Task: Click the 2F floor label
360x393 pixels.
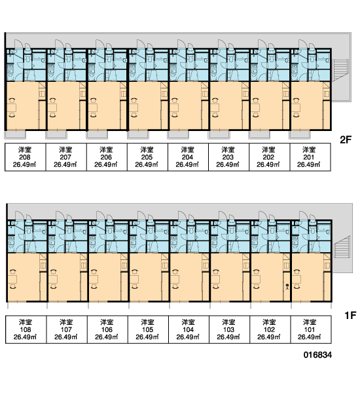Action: (346, 140)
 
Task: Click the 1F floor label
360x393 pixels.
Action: (350, 315)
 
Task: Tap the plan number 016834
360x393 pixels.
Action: (317, 354)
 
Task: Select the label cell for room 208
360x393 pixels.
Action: (26, 157)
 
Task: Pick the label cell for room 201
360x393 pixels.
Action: (310, 157)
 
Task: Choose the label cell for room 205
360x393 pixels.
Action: (147, 157)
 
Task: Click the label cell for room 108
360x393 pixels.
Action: (26, 329)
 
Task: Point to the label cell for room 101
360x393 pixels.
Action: (311, 329)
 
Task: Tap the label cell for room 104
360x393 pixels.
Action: (189, 329)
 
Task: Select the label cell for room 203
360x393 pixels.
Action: (228, 157)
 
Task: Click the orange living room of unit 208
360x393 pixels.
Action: (22, 105)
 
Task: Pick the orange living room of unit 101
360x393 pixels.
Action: (308, 277)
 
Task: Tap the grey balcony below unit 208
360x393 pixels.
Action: (15, 135)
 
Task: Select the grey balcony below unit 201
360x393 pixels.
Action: (300, 135)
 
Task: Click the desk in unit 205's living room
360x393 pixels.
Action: (134, 108)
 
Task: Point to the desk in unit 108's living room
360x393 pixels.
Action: (12, 279)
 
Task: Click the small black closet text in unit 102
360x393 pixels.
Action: (287, 286)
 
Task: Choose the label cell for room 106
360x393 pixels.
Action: (107, 329)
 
